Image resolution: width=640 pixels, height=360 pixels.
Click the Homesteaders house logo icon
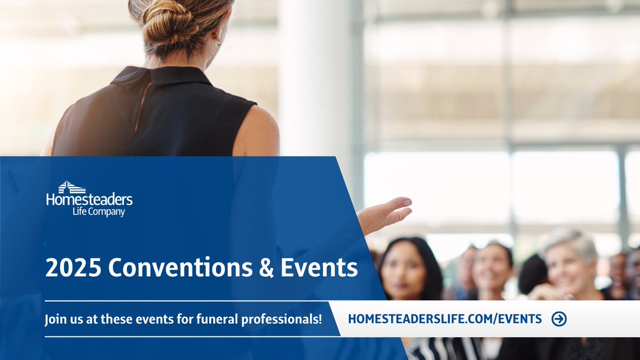72,187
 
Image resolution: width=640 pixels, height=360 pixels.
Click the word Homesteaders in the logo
89,200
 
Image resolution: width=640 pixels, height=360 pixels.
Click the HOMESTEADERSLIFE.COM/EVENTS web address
444,319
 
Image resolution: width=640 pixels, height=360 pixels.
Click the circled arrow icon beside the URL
559,319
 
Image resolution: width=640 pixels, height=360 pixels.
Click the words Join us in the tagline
62,320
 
